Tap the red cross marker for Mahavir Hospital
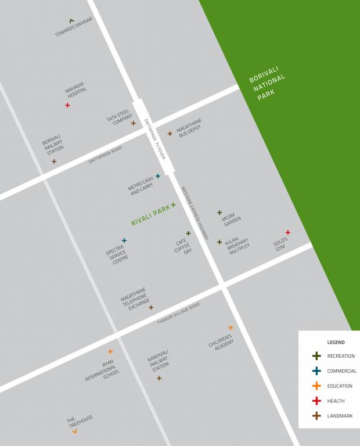tap(67, 105)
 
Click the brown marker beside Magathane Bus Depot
tap(170, 134)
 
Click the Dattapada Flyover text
tap(155, 139)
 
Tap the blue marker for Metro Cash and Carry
tap(158, 176)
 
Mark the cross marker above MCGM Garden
tap(219, 213)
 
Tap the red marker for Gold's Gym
tap(287, 232)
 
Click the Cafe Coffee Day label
tap(183, 247)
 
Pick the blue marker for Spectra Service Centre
tap(124, 240)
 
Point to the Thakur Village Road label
tap(178, 313)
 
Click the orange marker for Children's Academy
tap(231, 328)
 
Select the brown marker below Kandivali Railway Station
tap(159, 378)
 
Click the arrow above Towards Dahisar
tap(71, 21)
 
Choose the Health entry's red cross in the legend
tap(316, 401)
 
